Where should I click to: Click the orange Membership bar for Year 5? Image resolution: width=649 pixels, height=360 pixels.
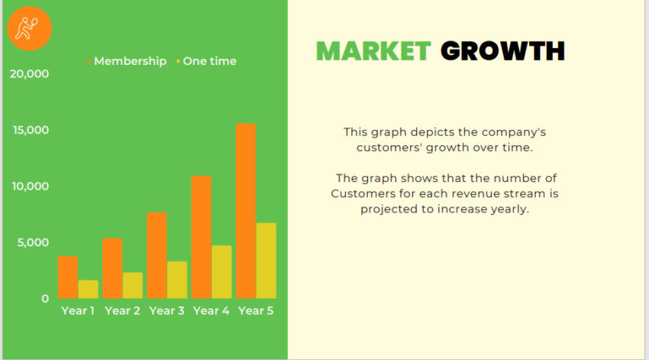coord(246,210)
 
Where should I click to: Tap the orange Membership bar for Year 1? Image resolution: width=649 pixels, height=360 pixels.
coord(68,277)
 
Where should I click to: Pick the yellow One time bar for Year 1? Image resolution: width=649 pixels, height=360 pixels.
coord(88,289)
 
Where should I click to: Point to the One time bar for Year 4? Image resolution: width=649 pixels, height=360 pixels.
coord(221,271)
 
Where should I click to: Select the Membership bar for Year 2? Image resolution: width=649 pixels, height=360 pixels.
coord(112,268)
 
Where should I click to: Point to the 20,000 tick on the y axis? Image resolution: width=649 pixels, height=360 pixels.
coord(30,74)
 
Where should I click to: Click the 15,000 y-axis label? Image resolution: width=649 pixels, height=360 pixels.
coord(31,130)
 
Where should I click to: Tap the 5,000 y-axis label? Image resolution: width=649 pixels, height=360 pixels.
coord(34,242)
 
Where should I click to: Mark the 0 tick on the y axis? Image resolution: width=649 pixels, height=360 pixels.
coord(45,299)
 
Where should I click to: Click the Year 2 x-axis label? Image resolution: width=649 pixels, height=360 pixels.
coord(122,310)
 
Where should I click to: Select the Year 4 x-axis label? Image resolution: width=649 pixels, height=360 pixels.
coord(211,310)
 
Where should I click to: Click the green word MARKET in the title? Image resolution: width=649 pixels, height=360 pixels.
coord(373,51)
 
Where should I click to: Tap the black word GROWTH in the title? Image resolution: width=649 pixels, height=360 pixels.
coord(503,51)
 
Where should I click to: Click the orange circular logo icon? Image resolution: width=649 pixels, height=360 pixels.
coord(30,28)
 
